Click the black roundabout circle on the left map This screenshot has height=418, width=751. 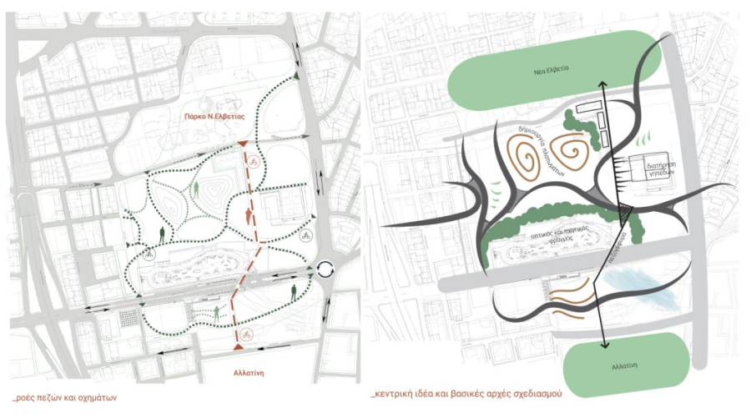pos(324,269)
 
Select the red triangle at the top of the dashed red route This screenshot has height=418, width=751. pos(243,145)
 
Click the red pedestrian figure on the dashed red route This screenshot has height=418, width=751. pos(247,216)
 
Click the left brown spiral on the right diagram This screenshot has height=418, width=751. pos(528,156)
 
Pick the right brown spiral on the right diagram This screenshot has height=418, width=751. pos(576,153)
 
